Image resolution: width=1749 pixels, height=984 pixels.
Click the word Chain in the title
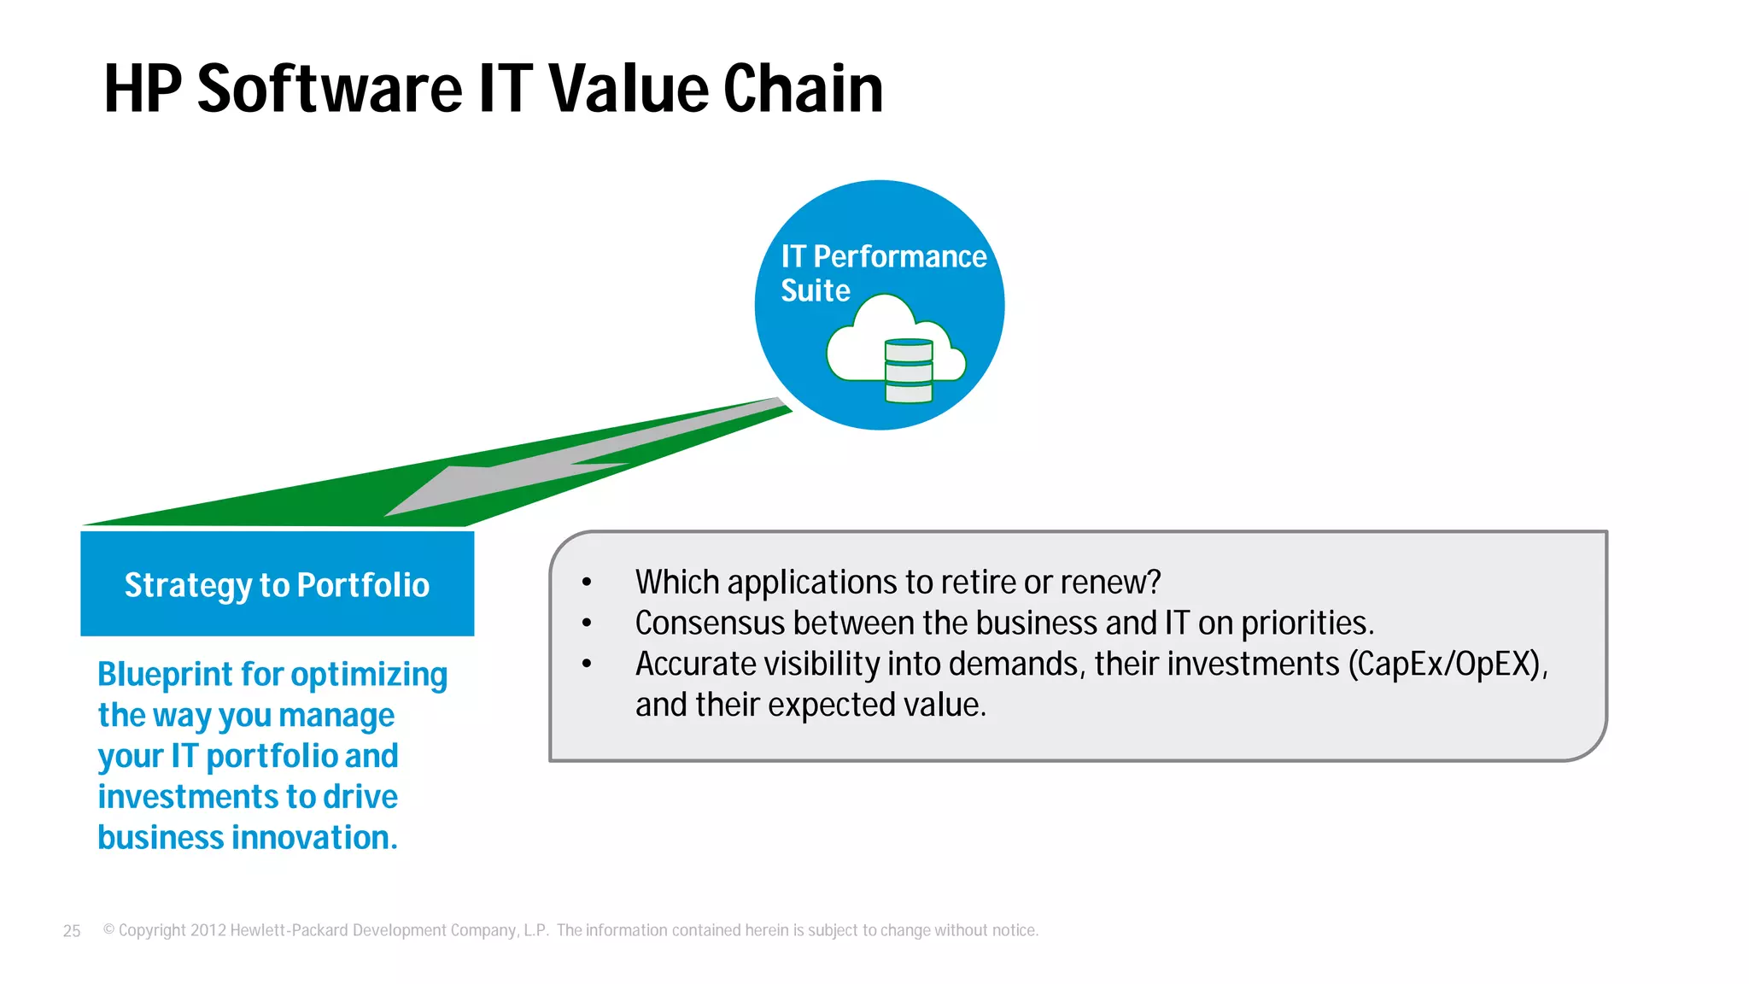point(803,89)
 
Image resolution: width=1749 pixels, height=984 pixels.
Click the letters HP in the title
point(143,89)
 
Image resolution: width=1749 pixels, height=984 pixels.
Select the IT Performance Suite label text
point(882,272)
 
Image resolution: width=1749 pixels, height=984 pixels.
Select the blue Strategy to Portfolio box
point(277,584)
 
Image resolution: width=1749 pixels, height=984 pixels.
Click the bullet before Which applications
point(587,583)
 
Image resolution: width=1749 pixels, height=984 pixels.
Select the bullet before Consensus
point(587,624)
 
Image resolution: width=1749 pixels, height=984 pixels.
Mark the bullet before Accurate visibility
point(587,664)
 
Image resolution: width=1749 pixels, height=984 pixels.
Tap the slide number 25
point(72,931)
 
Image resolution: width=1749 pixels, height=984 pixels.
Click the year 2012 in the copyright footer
point(208,930)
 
